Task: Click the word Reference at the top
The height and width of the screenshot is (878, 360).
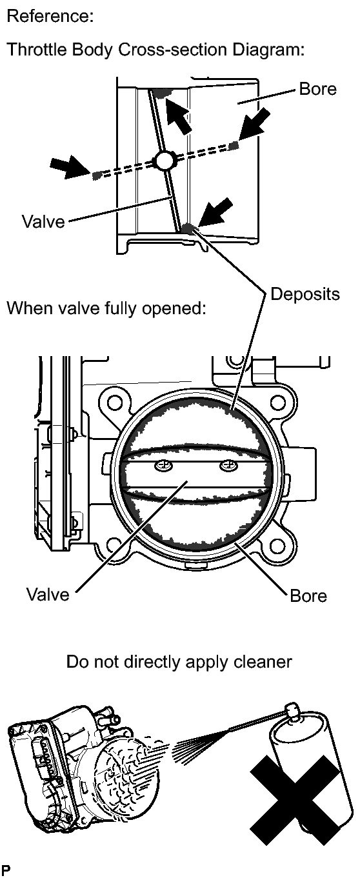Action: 50,16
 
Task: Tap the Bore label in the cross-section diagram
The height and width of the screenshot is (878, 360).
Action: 317,89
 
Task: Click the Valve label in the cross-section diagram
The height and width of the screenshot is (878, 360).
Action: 43,221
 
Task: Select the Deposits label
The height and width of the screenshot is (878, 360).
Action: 305,294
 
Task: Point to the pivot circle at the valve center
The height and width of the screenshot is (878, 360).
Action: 165,160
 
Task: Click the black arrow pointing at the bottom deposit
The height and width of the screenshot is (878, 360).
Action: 215,212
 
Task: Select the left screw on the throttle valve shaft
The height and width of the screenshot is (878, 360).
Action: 164,466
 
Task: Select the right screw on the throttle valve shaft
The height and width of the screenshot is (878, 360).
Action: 228,466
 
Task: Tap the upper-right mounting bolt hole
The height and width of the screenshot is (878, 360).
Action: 277,401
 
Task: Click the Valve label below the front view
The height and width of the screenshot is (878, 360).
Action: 48,594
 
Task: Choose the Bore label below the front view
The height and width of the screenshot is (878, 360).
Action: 308,596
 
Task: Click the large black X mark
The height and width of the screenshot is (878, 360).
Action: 295,799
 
